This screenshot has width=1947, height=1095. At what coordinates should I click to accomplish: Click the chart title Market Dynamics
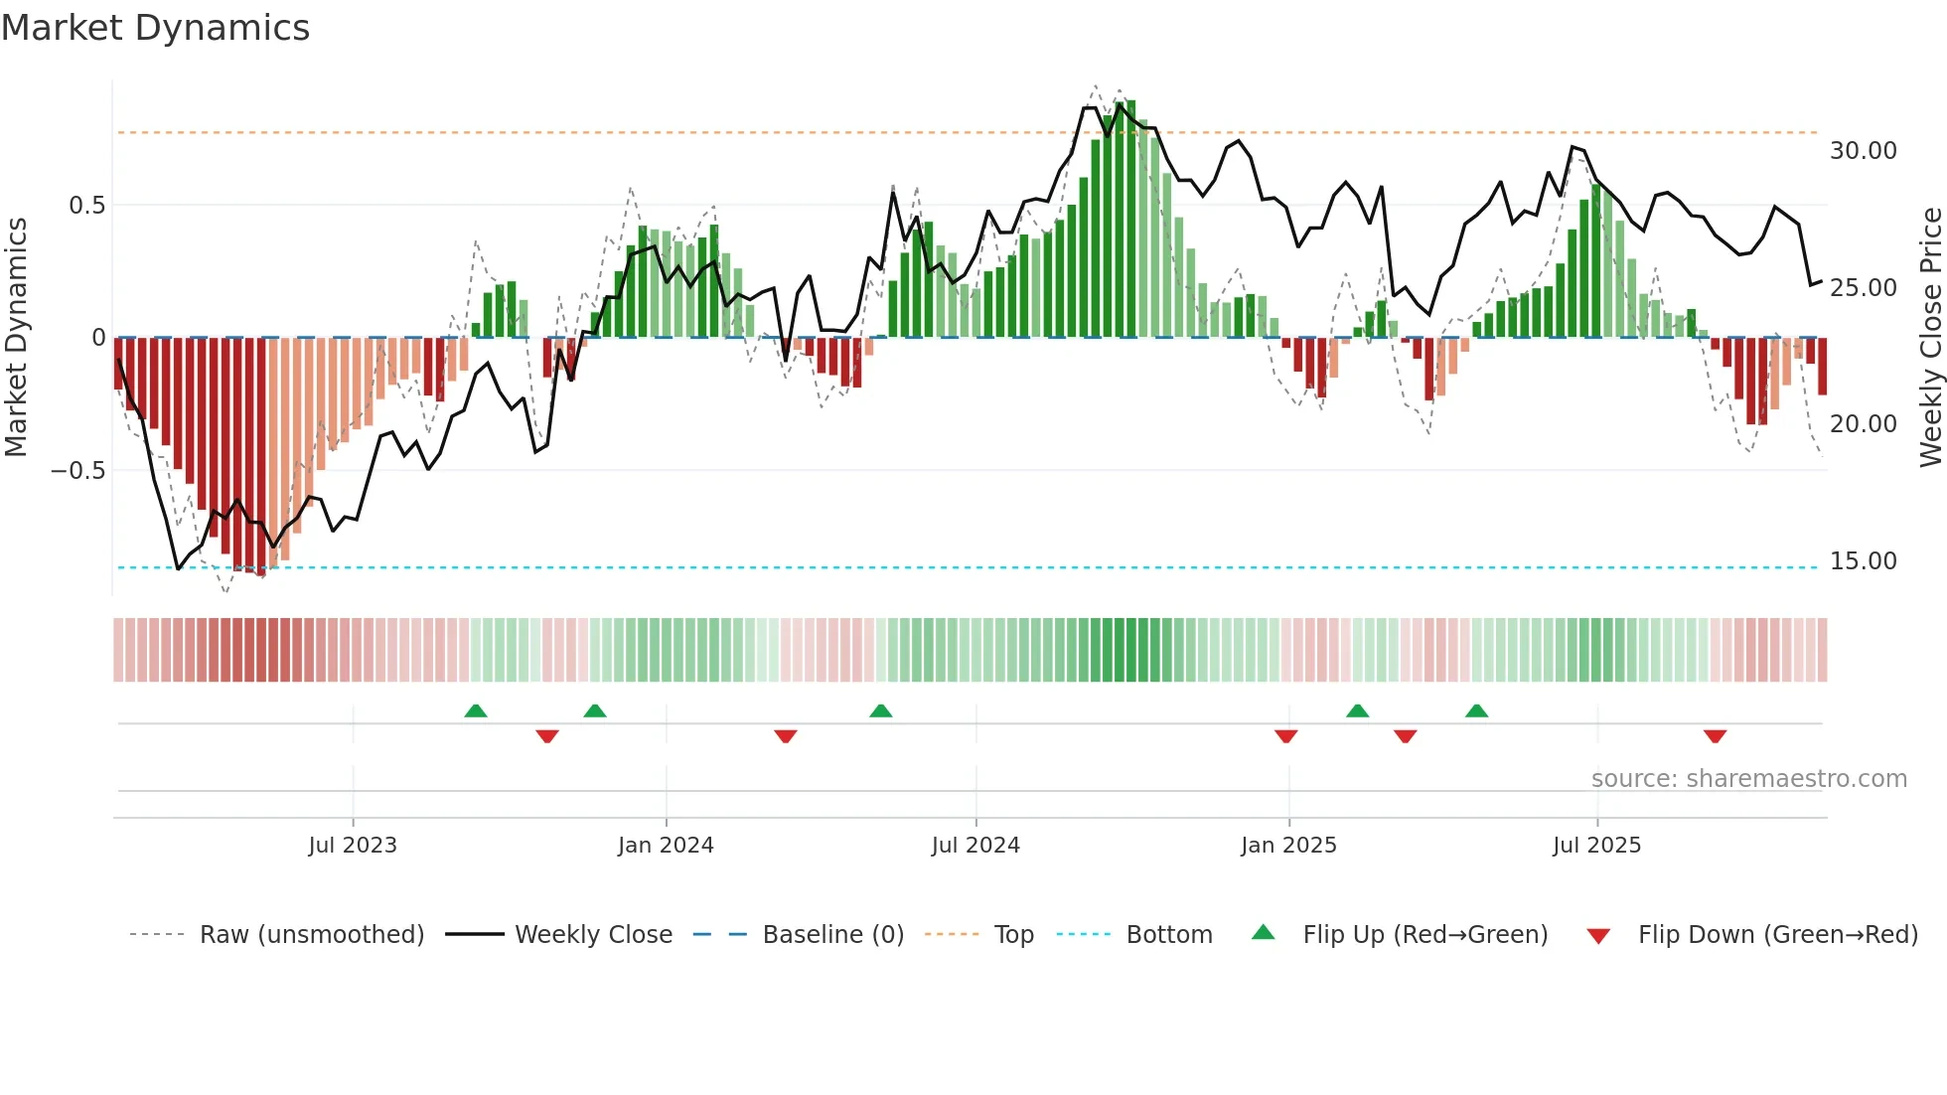coord(155,28)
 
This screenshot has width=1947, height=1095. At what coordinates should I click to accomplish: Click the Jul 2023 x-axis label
coord(352,846)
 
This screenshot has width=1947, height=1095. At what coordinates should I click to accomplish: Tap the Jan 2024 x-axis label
coord(666,846)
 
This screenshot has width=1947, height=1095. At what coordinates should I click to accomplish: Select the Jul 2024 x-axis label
coord(975,846)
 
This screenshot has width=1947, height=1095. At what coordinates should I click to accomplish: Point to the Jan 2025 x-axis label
coord(1288,846)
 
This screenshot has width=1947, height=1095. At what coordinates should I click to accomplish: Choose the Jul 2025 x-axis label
coord(1596,846)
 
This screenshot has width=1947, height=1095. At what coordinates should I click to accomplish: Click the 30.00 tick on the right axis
coord(1863,151)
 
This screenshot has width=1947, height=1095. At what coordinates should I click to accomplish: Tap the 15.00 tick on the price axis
coord(1863,561)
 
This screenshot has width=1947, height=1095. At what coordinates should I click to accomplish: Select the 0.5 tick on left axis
coord(86,206)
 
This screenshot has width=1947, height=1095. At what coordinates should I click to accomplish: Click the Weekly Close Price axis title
coord(1930,338)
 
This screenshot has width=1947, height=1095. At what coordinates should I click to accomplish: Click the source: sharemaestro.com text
coord(1748,779)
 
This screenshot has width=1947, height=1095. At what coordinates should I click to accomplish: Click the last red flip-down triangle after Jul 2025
coord(1715,736)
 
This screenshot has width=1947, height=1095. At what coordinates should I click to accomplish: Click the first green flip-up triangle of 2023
coord(476,710)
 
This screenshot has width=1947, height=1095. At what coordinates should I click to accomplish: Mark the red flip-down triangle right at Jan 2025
coord(1285,736)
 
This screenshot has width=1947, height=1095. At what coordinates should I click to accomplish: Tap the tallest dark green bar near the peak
coord(1130,219)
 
